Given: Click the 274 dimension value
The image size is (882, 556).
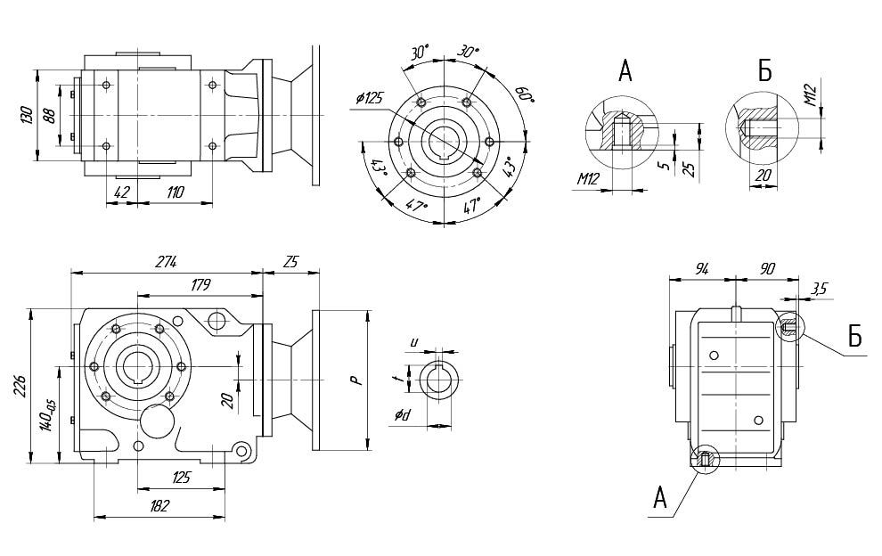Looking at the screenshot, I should coord(167,262).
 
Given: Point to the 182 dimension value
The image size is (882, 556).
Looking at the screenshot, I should coord(159,505).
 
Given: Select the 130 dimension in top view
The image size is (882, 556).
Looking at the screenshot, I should coord(28,115).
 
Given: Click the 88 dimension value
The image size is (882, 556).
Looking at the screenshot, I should coord(49,115).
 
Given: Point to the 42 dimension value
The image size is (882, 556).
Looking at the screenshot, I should coord(122,192).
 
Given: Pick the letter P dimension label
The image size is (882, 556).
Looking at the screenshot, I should coord(355,380).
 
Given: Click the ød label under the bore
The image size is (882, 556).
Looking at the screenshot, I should coord(403,415).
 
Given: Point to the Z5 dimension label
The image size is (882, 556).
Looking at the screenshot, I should coord(291,262).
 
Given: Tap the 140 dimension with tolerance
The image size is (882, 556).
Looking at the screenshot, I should coord(46,416).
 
